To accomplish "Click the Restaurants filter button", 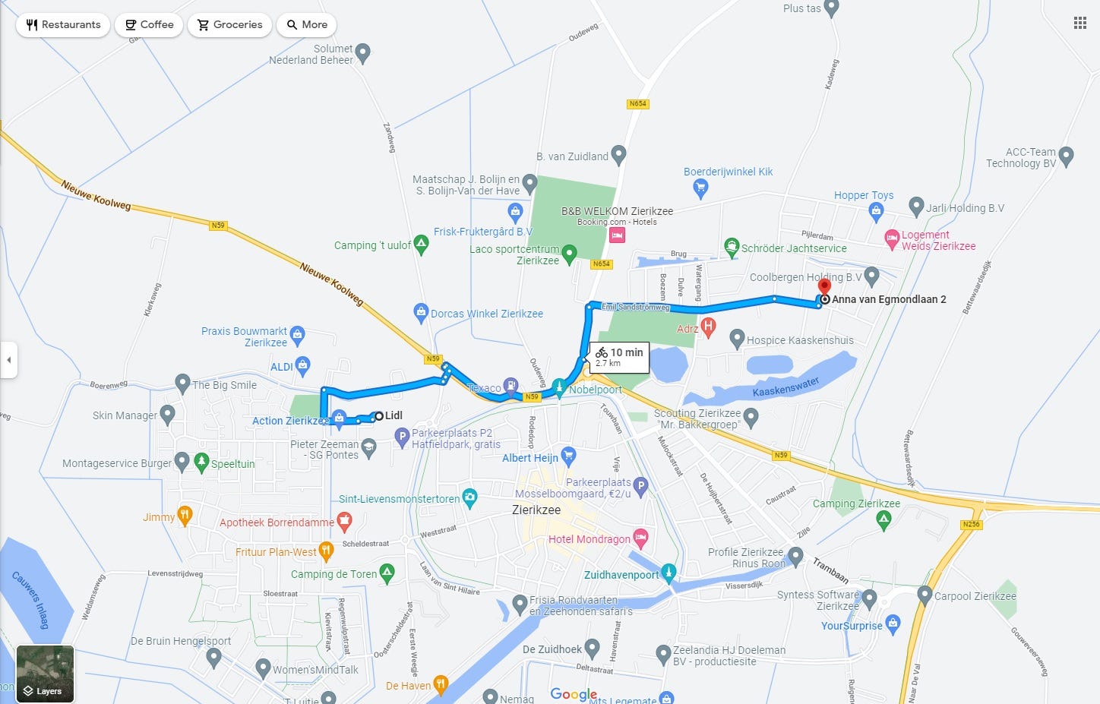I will click(63, 25).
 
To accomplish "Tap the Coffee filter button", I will click(150, 25).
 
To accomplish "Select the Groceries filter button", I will click(229, 25).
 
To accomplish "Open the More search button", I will click(307, 25).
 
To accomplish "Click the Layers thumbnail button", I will click(45, 674).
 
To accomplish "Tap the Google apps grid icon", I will click(1079, 24).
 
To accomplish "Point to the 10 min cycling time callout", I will click(620, 356).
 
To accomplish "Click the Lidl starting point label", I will click(394, 415).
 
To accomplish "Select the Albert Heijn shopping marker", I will click(568, 456).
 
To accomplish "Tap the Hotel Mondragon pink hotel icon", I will click(640, 538).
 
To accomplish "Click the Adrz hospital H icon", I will click(708, 327).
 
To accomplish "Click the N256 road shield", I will click(971, 524).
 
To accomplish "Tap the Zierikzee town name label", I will click(536, 510).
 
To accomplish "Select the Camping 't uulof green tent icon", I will click(421, 244).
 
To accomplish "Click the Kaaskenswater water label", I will click(785, 387).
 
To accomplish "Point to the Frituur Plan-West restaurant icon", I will click(326, 551).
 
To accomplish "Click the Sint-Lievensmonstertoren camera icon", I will click(469, 498).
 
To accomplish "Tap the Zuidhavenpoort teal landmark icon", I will click(669, 572).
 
